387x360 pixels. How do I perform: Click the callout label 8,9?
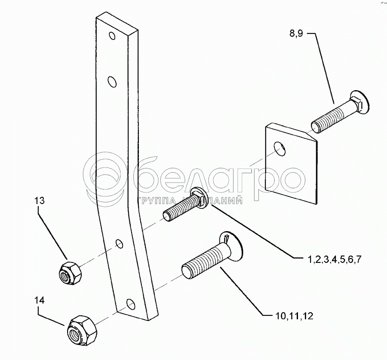[x=296, y=33]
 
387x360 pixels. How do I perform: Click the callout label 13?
[x=40, y=201]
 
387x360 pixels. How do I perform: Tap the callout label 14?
[x=40, y=300]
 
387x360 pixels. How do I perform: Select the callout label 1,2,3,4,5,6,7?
[x=335, y=259]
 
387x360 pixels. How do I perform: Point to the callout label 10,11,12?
[x=294, y=316]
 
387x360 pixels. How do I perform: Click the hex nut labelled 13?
[x=71, y=273]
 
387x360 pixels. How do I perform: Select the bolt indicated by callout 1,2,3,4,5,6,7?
[x=187, y=204]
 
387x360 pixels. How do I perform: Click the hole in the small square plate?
[x=279, y=149]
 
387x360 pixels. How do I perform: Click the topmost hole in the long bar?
[x=112, y=36]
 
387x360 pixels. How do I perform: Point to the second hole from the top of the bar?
[x=112, y=81]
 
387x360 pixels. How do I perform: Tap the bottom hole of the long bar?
[x=131, y=305]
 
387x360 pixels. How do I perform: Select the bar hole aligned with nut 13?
[x=120, y=244]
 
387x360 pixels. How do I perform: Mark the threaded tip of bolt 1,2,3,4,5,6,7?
[x=168, y=216]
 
